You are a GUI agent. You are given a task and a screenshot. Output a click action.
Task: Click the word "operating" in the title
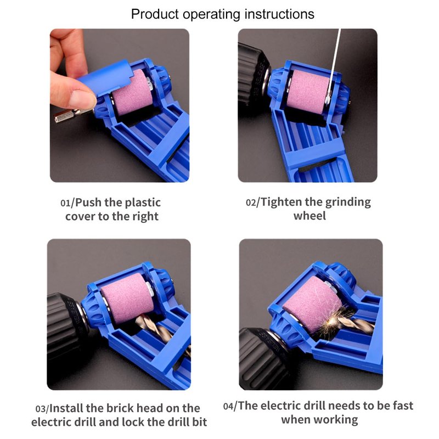pos(212,14)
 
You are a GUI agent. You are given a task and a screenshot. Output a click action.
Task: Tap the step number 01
pos(65,202)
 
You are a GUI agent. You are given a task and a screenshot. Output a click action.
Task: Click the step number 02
pos(251,202)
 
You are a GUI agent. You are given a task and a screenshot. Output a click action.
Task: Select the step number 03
pos(41,409)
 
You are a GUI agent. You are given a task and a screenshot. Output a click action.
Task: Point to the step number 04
pos(228,406)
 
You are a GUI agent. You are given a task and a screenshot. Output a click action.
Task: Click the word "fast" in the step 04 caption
pos(402,406)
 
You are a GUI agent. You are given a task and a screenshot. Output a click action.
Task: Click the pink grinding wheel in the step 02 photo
pos(308,91)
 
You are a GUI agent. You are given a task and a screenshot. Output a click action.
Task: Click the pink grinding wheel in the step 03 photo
pos(127,297)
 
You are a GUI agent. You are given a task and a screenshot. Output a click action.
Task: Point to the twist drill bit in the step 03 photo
pos(162,332)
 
